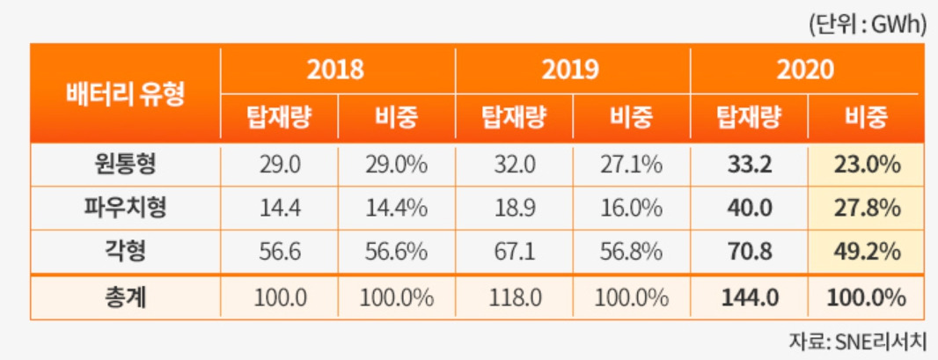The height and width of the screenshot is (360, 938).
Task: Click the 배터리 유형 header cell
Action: point(125,93)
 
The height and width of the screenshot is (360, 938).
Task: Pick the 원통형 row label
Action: point(125,165)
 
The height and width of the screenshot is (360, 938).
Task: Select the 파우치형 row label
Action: point(125,209)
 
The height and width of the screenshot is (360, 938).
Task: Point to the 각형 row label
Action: point(125,253)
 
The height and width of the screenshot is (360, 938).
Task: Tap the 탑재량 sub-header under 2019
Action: point(513,117)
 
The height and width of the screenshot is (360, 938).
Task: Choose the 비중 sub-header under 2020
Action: point(866,117)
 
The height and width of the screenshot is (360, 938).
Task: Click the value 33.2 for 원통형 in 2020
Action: point(750,165)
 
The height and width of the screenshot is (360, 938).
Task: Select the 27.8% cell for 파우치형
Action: point(866,209)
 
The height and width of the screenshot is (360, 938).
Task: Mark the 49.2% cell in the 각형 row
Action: point(866,253)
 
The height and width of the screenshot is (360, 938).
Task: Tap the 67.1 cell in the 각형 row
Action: point(513,253)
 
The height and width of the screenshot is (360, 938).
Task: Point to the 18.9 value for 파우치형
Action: point(513,209)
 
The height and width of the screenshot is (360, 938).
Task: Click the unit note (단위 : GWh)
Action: point(868,25)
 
